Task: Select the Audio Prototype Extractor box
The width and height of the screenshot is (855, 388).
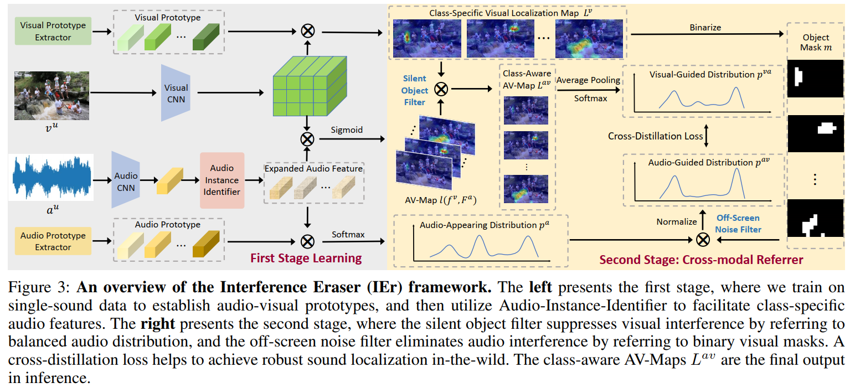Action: point(53,241)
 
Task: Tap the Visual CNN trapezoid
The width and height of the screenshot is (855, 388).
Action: point(176,93)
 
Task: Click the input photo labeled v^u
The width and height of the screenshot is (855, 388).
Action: point(53,95)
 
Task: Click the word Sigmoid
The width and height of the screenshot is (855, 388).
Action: point(347,130)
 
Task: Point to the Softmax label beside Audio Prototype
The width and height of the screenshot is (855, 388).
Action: point(348,234)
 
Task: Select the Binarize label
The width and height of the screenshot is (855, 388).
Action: point(705,27)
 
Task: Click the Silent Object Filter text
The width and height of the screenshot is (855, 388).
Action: point(415,91)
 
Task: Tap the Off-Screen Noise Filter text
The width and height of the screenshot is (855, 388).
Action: point(738,224)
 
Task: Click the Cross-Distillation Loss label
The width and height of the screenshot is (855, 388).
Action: point(655,136)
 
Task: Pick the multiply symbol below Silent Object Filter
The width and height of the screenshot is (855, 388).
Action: point(441,89)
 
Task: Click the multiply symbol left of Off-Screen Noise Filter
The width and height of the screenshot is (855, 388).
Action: point(703,239)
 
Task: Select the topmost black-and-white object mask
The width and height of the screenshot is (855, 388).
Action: point(815,79)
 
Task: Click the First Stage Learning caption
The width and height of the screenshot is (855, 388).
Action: point(306,258)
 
